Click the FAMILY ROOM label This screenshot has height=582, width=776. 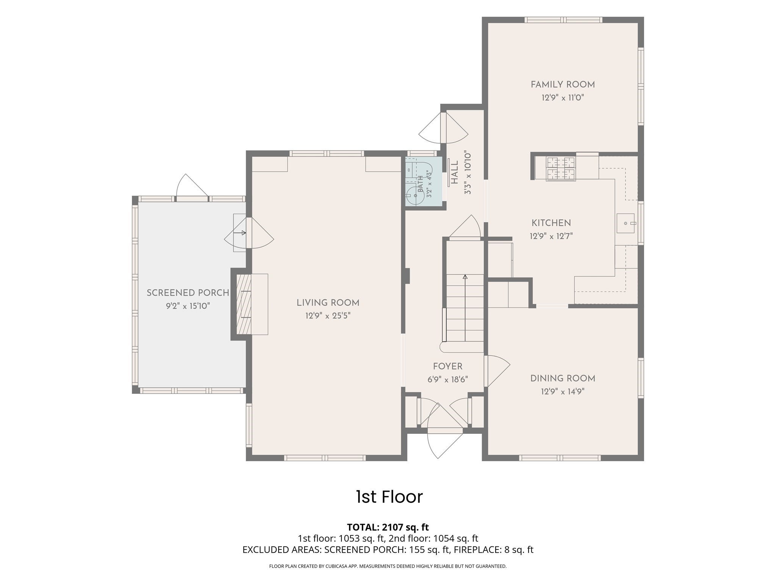tap(563, 84)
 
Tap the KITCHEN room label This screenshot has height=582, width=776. tap(551, 223)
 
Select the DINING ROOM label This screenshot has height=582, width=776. tap(563, 379)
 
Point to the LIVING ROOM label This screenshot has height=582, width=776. tap(328, 303)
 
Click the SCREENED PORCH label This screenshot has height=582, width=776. tap(188, 293)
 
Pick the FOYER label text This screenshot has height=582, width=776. tap(448, 366)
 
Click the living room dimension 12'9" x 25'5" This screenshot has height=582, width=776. tap(328, 316)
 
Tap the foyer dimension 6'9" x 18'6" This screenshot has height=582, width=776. tap(448, 379)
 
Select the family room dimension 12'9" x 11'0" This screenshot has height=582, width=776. tap(563, 98)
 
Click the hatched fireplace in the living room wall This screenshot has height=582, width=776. tap(244, 304)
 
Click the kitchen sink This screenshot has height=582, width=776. tap(626, 223)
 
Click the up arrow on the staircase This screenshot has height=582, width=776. tap(465, 308)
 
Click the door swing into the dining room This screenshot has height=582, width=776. tap(497, 371)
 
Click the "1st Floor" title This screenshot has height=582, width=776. tap(389, 497)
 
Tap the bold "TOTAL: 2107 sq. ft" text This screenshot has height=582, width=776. tap(388, 527)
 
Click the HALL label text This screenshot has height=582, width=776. tap(455, 173)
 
